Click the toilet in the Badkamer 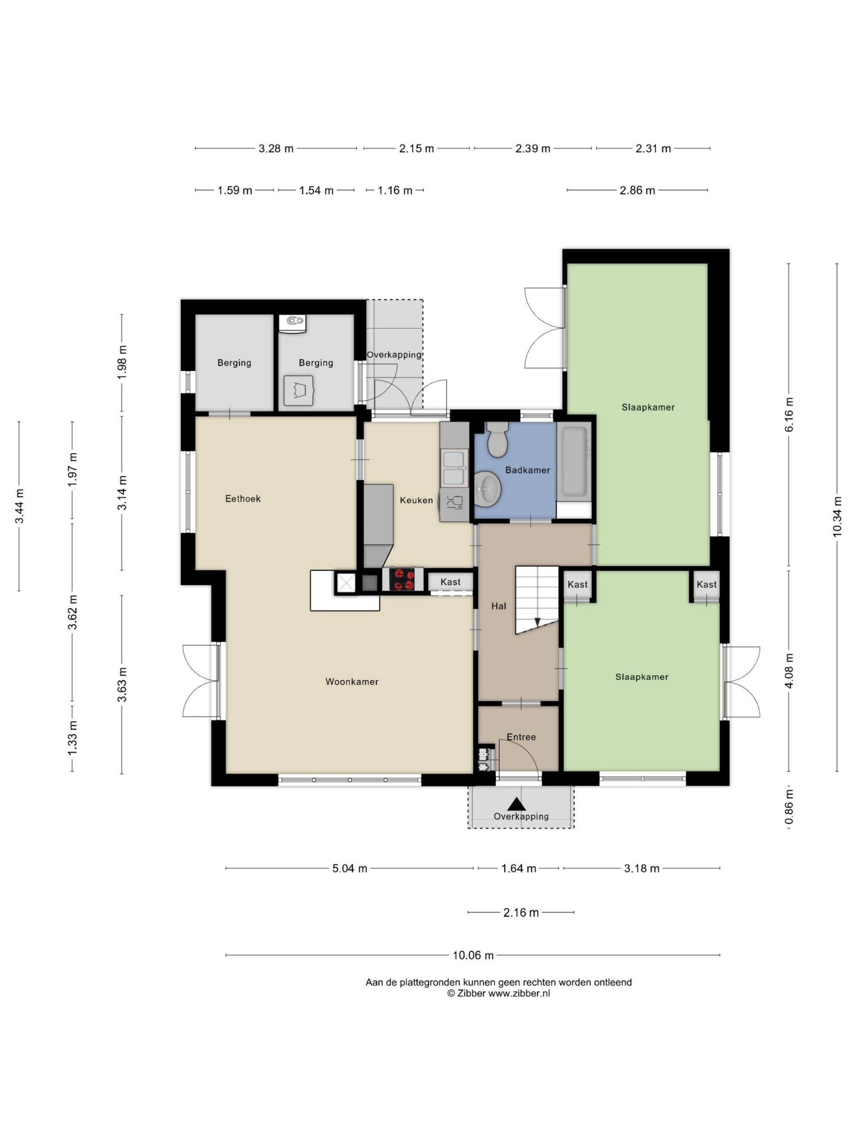tap(498, 439)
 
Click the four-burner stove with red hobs tap(402, 579)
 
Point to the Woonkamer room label tap(352, 682)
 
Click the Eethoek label tap(243, 499)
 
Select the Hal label tap(498, 606)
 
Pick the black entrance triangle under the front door tap(516, 804)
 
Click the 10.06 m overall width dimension tap(473, 955)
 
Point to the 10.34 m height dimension tap(836, 517)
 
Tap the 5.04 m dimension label tap(350, 869)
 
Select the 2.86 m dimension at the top tap(637, 190)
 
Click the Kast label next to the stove tap(450, 582)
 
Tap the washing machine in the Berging tap(298, 390)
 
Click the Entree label tap(521, 737)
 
